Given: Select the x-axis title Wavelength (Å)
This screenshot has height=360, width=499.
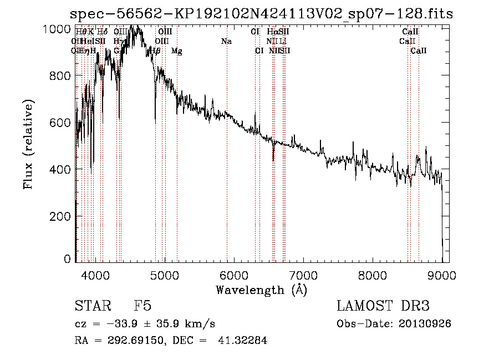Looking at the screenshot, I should point(261,290).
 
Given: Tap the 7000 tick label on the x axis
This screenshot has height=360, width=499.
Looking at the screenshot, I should point(303,274).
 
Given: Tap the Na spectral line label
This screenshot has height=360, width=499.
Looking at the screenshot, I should point(226,41).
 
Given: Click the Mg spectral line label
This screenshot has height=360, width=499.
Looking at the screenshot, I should point(176,51).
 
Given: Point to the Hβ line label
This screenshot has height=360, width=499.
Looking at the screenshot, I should point(155,51).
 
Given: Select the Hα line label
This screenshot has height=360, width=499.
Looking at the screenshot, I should point(272,32).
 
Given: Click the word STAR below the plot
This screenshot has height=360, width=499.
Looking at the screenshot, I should point(91,306).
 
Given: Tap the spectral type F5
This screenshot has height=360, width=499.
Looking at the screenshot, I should point(142,306).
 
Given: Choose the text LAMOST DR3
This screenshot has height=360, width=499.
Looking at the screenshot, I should point(383,306).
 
